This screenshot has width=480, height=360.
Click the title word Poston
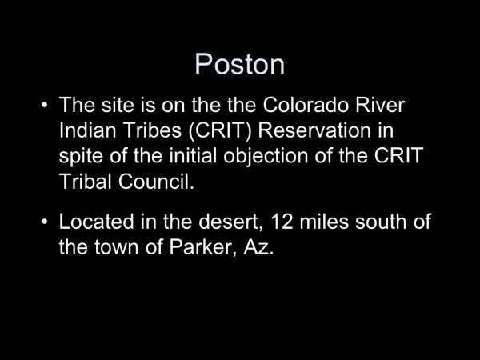(x=240, y=64)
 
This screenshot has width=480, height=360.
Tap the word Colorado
(x=306, y=105)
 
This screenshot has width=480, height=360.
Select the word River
(x=380, y=105)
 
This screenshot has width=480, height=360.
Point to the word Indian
(x=87, y=130)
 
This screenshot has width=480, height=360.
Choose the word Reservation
(x=314, y=130)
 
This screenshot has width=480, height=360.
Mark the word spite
(x=81, y=157)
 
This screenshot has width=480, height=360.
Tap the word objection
(x=266, y=157)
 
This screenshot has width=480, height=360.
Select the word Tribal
(x=85, y=182)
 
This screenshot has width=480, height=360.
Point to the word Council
(x=156, y=182)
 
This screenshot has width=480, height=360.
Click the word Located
(x=97, y=222)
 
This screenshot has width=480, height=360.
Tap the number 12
(x=282, y=222)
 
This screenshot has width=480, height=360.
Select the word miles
(x=324, y=222)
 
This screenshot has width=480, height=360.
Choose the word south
(x=381, y=222)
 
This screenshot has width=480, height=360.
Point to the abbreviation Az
(x=258, y=246)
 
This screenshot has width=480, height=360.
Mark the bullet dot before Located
(x=44, y=222)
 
